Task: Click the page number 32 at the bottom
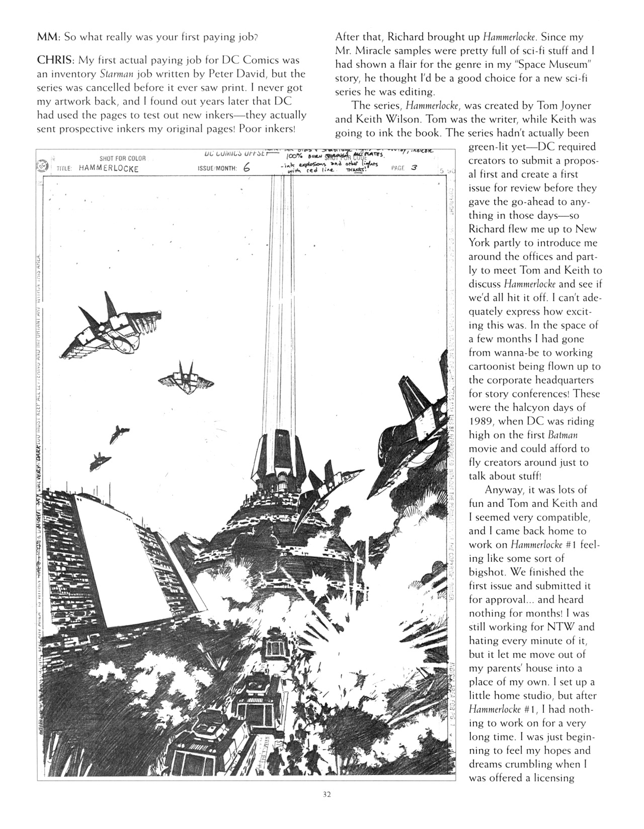[x=327, y=795]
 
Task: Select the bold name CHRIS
[x=55, y=60]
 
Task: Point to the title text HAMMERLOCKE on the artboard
[x=108, y=169]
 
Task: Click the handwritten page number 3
[x=414, y=168]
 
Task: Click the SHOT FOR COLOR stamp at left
[x=122, y=158]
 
